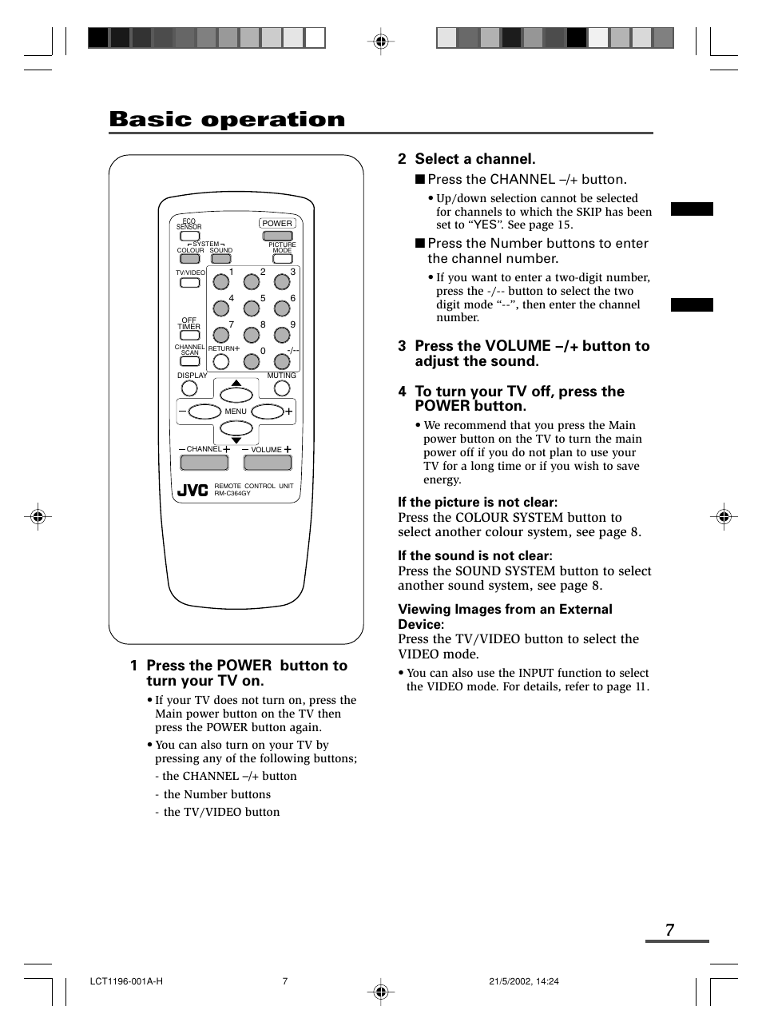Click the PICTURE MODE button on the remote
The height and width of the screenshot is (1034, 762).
coord(281,259)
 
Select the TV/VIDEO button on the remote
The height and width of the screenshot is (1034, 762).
coord(189,282)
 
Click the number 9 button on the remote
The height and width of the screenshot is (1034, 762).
coord(281,336)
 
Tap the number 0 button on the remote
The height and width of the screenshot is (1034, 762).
coord(252,362)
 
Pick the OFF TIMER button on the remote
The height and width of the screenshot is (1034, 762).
coord(189,336)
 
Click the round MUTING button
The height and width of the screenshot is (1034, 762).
coord(282,388)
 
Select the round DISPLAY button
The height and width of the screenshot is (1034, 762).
coord(189,388)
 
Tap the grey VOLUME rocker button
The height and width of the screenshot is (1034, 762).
coord(267,462)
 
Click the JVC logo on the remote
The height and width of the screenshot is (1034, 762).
coord(192,490)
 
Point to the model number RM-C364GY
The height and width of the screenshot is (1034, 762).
coord(232,494)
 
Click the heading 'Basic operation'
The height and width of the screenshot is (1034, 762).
coord(227,120)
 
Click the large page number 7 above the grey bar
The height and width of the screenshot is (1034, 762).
coord(669,929)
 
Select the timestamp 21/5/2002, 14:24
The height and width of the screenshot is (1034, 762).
coord(523,981)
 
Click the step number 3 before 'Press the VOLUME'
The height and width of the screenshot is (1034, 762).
coord(403,346)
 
